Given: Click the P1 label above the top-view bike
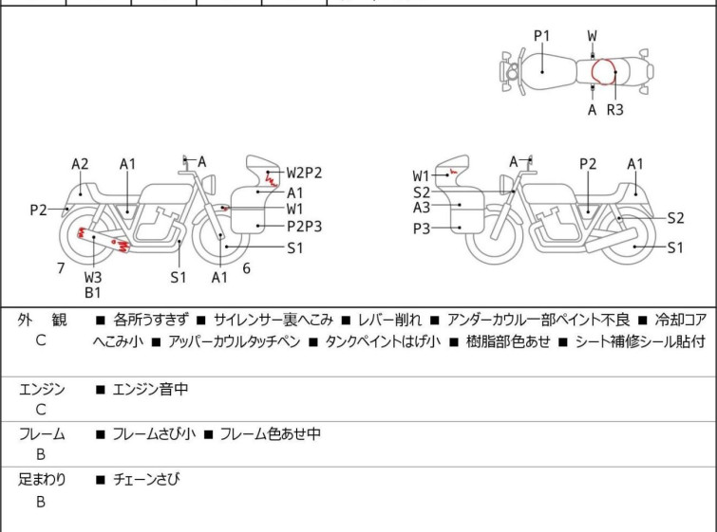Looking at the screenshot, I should (x=541, y=36).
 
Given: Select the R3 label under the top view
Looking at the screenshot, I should (x=615, y=110).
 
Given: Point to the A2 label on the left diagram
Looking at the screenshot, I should (x=81, y=164).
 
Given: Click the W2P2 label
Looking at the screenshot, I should (x=305, y=173).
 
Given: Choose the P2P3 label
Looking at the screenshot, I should (x=304, y=226).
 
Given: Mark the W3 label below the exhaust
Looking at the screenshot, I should (x=93, y=277).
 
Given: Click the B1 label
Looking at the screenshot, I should (x=93, y=293).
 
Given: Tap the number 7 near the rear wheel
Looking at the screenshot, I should (x=61, y=268).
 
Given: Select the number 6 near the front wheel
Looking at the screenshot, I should (x=246, y=268).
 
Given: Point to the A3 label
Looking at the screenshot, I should (x=422, y=208).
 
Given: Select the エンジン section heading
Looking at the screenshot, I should (x=43, y=389).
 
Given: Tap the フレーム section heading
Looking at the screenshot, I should (x=43, y=434).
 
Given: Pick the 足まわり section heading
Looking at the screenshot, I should (x=43, y=480).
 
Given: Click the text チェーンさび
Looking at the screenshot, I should (x=146, y=480).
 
